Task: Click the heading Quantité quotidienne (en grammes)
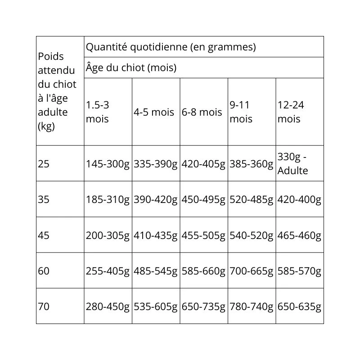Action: click(x=171, y=47)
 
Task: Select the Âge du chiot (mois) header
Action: click(x=130, y=68)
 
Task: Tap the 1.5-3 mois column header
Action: click(x=98, y=112)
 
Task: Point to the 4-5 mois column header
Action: click(x=153, y=112)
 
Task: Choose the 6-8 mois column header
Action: click(x=202, y=112)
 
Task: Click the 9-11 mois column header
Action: click(x=241, y=112)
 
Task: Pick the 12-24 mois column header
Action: click(x=291, y=112)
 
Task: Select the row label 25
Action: click(x=44, y=164)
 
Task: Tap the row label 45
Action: click(x=44, y=235)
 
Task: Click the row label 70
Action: click(x=44, y=307)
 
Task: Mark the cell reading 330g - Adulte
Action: click(x=292, y=164)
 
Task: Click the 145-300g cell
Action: click(x=108, y=164)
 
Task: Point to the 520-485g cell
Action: click(x=251, y=199)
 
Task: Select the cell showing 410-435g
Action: click(x=155, y=235)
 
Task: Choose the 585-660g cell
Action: click(x=203, y=271)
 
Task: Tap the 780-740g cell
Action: click(x=251, y=307)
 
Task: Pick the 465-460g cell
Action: click(x=299, y=235)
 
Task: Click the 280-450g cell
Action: click(x=108, y=307)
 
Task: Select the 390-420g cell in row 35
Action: click(x=155, y=199)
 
